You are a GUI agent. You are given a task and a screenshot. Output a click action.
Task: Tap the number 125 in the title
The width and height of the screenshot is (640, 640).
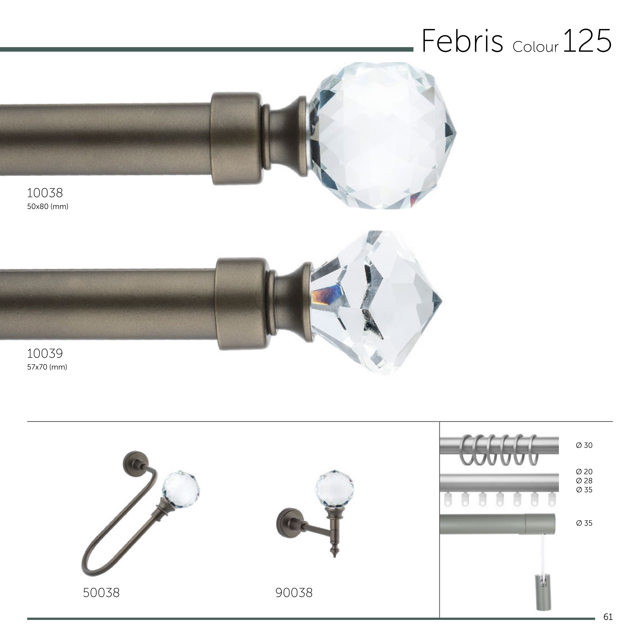coord(587,41)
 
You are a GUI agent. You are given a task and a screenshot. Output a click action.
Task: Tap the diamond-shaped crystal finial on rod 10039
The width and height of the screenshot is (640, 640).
coord(376,302)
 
